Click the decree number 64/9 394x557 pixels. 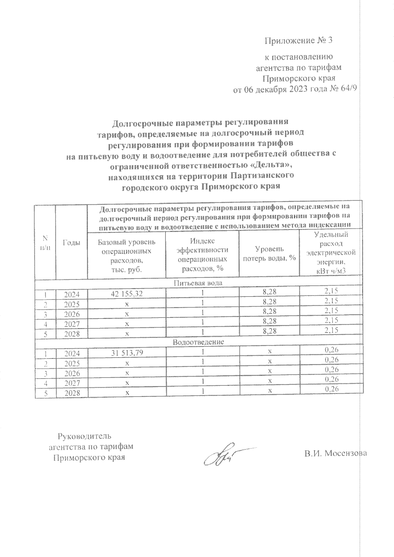click(348, 89)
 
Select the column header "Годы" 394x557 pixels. click(71, 243)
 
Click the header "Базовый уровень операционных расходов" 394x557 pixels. click(126, 256)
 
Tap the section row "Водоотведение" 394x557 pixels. click(198, 342)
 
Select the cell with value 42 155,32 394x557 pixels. click(126, 294)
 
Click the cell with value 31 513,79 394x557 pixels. click(126, 353)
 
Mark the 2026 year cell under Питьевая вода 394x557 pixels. click(72, 314)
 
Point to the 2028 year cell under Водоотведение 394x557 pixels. click(72, 393)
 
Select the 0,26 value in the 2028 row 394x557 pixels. click(331, 389)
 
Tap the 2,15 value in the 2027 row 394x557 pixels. click(331, 320)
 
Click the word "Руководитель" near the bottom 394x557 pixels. click(85, 436)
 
